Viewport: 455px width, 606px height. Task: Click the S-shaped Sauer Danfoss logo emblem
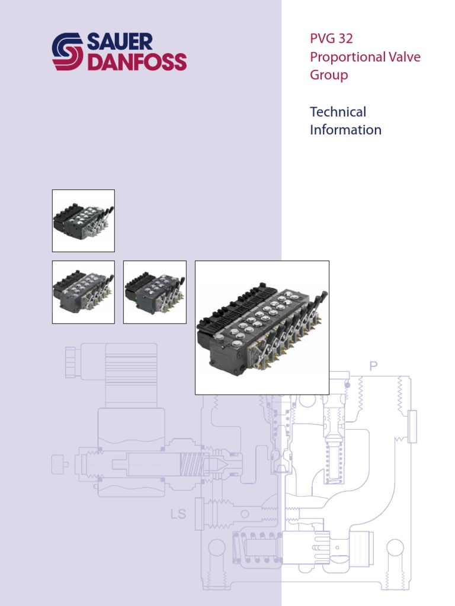tap(68, 51)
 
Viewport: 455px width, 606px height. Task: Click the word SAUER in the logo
tap(120, 41)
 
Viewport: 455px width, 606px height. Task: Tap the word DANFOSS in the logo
tap(137, 62)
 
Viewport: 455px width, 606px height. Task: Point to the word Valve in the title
tap(404, 57)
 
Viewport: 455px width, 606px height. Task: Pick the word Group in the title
tap(329, 75)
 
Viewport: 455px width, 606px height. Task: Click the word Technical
tap(338, 112)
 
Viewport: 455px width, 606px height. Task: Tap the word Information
tap(345, 130)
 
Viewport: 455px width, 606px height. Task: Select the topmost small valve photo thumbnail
tap(83, 221)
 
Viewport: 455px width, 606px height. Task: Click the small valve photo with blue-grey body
tap(155, 292)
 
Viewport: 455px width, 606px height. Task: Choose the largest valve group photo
tap(262, 327)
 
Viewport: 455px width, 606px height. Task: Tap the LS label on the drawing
tap(178, 514)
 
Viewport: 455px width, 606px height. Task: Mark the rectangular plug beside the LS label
tap(200, 514)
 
